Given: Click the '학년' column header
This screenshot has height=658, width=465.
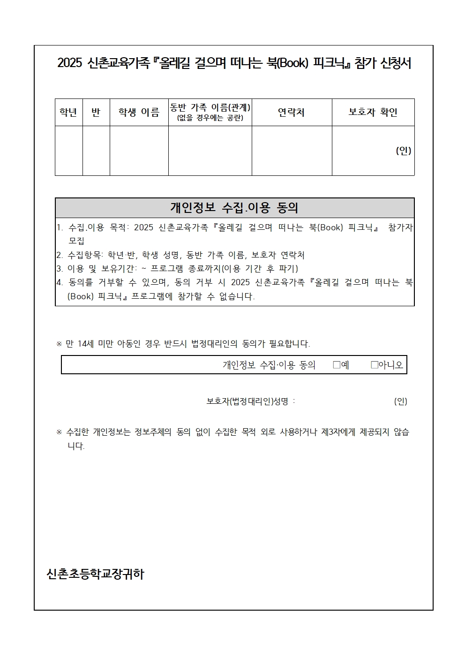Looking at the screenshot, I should pyautogui.click(x=68, y=113).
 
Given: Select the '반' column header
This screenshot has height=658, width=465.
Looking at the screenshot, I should pyautogui.click(x=96, y=113).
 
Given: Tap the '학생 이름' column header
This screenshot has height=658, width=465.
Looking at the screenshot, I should pyautogui.click(x=139, y=113).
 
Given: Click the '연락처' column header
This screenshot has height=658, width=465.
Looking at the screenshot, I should pyautogui.click(x=292, y=113).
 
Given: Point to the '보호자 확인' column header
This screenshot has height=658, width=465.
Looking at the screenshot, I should pyautogui.click(x=373, y=113).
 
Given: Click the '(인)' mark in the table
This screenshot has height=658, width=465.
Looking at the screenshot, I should pyautogui.click(x=403, y=151).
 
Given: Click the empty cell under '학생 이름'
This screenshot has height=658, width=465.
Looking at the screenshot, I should pyautogui.click(x=139, y=151).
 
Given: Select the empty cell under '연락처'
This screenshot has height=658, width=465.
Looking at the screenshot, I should pyautogui.click(x=292, y=151).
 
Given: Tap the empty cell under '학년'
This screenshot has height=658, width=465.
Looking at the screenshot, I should pyautogui.click(x=68, y=151).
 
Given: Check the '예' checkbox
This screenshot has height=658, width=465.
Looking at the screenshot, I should pyautogui.click(x=337, y=365).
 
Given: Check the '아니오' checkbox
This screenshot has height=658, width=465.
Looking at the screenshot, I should pyautogui.click(x=375, y=365).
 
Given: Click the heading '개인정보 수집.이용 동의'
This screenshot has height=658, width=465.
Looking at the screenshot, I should pyautogui.click(x=234, y=208).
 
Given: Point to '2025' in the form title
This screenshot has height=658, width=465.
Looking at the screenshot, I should pyautogui.click(x=70, y=63).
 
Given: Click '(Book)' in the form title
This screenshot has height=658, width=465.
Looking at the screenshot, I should pyautogui.click(x=292, y=63).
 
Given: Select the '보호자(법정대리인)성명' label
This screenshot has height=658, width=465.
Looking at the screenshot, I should pyautogui.click(x=247, y=401).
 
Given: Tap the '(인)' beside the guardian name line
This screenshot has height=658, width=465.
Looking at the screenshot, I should pyautogui.click(x=401, y=401).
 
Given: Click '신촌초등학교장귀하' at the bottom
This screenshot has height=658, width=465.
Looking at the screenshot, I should pyautogui.click(x=96, y=574).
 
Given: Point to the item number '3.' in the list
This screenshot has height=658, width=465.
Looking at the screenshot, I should pyautogui.click(x=60, y=269).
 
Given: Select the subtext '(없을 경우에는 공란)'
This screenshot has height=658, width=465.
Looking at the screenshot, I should pyautogui.click(x=210, y=118).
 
